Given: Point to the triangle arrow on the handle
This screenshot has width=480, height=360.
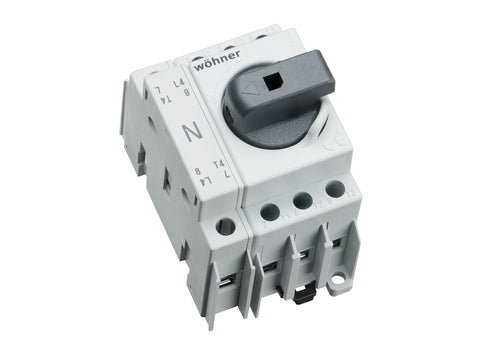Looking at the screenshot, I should [x=251, y=88].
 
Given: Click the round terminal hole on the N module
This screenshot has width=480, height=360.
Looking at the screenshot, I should [x=225, y=227].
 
